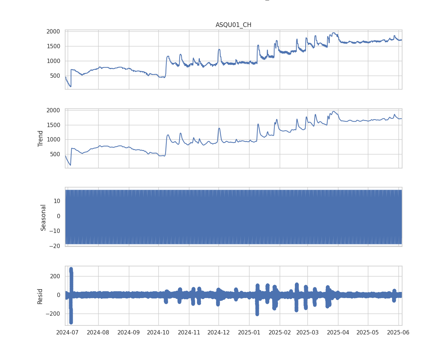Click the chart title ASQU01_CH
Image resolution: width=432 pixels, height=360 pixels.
(233, 25)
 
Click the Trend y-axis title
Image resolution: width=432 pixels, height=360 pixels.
(40, 138)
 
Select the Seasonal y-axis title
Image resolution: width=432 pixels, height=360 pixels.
(43, 217)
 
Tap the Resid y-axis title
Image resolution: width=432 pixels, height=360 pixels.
(40, 296)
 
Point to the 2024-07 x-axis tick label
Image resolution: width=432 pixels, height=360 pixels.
(68, 332)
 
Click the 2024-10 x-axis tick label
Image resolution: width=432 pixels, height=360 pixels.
(158, 332)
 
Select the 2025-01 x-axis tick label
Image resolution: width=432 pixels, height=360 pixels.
(249, 332)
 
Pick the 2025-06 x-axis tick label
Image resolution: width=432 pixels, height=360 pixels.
(398, 332)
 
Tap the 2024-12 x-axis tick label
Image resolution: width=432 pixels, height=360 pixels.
(219, 332)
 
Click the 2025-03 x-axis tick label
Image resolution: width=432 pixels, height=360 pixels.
(307, 332)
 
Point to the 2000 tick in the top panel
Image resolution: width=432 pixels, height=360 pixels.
(53, 32)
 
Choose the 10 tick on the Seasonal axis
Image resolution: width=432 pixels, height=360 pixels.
(57, 201)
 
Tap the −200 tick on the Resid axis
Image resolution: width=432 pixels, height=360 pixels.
(52, 314)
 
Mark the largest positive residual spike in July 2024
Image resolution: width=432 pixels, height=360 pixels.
(71, 269)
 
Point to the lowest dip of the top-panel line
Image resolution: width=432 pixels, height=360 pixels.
(71, 86)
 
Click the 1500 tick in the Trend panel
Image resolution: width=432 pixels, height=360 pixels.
(53, 125)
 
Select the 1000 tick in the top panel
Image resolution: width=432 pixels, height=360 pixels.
(53, 61)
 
